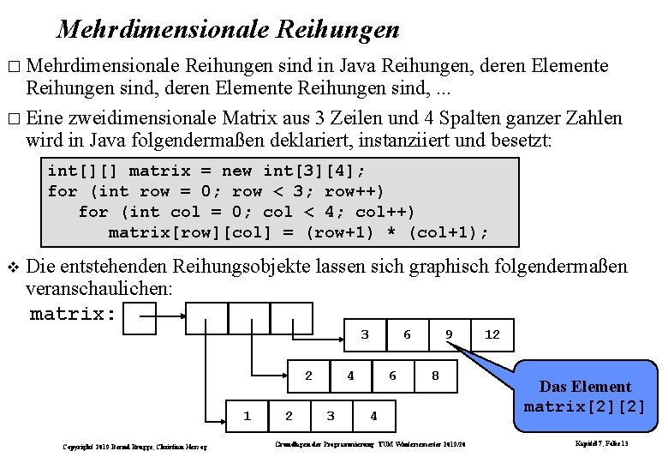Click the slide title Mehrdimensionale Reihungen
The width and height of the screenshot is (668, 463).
228,30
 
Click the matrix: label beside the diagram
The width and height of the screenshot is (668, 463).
73,314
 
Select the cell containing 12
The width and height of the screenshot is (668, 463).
492,334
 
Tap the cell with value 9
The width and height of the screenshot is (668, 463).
449,334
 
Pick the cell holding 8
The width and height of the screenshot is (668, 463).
435,376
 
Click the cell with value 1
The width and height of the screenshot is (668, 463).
248,416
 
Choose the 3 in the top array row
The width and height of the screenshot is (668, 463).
365,334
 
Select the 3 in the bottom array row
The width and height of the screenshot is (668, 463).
331,416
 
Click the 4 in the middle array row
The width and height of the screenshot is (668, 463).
350,376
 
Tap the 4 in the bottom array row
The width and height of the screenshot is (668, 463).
373,416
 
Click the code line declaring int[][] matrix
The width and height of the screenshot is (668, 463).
211,171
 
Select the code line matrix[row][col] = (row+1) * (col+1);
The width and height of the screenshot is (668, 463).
299,232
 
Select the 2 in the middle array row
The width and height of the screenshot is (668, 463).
309,376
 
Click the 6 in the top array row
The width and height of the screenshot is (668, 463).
407,334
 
